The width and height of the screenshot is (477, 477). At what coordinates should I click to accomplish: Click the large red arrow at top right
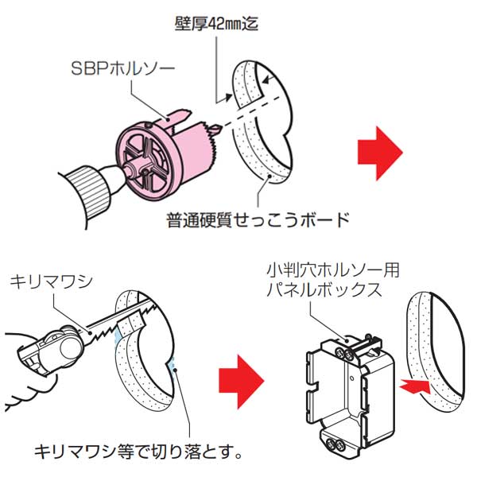378,151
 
